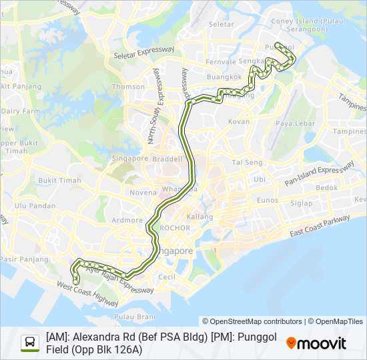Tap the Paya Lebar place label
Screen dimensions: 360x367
click(x=295, y=123)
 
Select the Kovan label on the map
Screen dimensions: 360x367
click(x=238, y=121)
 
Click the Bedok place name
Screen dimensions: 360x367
click(x=326, y=188)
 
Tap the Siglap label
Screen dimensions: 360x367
click(x=301, y=203)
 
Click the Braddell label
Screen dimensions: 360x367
click(x=167, y=159)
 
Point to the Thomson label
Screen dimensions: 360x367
click(x=128, y=87)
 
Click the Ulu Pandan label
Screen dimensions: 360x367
click(x=35, y=206)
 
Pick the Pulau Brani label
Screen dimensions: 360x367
click(x=130, y=317)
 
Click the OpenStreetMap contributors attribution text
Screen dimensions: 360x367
click(x=252, y=321)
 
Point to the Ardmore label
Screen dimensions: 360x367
click(x=127, y=220)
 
